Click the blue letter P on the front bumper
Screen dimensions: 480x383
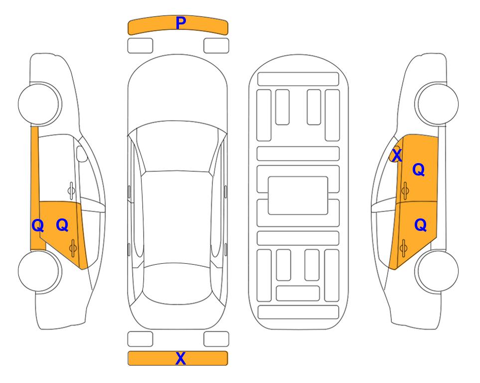[x=181, y=23]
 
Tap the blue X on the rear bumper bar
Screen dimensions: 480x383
[x=180, y=358]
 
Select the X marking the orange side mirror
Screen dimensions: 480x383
[x=397, y=155]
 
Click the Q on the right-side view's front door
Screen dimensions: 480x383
[x=419, y=170]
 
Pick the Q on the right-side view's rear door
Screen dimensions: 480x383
[x=420, y=225]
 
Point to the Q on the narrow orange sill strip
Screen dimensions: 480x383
[x=38, y=225]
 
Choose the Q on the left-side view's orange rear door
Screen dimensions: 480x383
[x=62, y=225]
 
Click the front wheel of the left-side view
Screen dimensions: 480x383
[x=40, y=104]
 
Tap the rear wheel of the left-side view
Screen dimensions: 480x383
[x=40, y=271]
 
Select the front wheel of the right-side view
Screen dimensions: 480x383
[x=437, y=104]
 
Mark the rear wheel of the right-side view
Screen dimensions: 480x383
[x=437, y=271]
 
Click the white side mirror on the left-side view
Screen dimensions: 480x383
[x=82, y=154]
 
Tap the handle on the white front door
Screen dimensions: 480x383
[x=71, y=191]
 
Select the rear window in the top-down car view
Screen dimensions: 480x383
[x=177, y=283]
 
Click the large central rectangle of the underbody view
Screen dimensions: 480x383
[x=298, y=195]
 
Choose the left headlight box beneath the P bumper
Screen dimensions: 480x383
[x=140, y=46]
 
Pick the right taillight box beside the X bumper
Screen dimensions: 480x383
[x=216, y=339]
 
